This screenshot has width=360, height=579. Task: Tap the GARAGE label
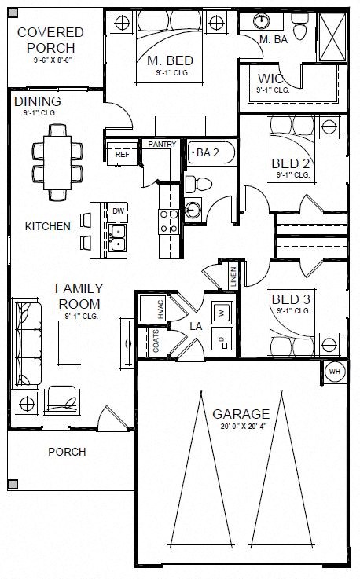click(241, 414)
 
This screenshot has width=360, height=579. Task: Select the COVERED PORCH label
click(50, 40)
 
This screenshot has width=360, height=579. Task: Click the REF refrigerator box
click(122, 155)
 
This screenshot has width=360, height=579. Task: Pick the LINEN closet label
click(233, 277)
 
